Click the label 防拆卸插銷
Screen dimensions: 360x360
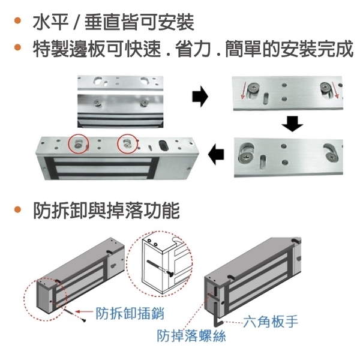tap(130, 313)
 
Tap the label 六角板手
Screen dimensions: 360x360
tap(271, 322)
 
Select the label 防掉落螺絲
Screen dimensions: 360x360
tap(191, 335)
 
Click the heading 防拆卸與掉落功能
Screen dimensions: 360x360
tap(106, 211)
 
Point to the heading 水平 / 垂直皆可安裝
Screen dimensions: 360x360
tap(113, 22)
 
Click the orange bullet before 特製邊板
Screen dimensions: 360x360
tap(17, 47)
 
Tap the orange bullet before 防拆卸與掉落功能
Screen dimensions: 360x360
tap(17, 209)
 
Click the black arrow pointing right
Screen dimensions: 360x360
tap(200, 97)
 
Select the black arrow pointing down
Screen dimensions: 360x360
tap(292, 124)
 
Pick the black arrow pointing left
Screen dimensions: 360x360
tap(216, 154)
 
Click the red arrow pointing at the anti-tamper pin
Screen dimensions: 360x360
tap(84, 311)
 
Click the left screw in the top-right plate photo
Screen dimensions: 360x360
tap(253, 89)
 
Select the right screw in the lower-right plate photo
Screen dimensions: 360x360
tap(332, 157)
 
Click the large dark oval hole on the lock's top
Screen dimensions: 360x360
tap(164, 145)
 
